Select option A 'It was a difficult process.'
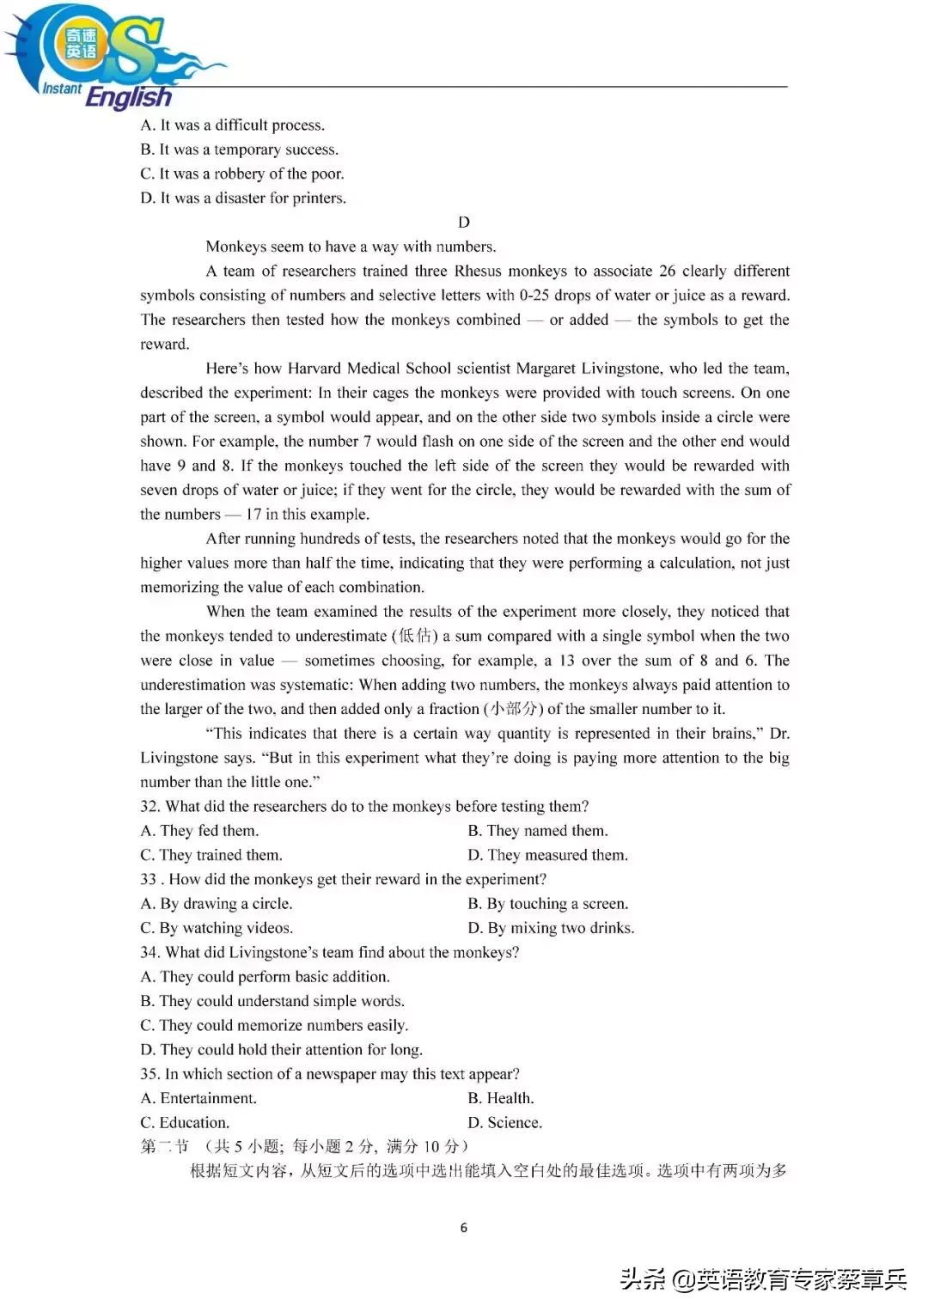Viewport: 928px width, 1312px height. click(232, 125)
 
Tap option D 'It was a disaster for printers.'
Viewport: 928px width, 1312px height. click(243, 198)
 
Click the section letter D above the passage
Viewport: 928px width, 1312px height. click(464, 223)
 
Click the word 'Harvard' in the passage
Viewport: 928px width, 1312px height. click(314, 369)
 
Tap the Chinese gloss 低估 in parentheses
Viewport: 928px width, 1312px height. click(417, 636)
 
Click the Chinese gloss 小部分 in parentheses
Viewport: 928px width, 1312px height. click(513, 709)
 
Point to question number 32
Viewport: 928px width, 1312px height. click(150, 807)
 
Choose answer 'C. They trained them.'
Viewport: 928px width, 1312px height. click(211, 856)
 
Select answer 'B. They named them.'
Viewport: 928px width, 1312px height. click(538, 831)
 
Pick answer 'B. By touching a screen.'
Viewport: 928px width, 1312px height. click(548, 904)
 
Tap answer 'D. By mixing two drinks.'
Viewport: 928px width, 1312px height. click(551, 928)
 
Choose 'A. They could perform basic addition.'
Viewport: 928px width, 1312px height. click(265, 977)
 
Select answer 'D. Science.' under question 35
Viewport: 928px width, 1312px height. click(504, 1123)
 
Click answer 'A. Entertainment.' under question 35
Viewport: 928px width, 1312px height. click(198, 1098)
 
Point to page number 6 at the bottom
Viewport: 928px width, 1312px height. click(464, 1228)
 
